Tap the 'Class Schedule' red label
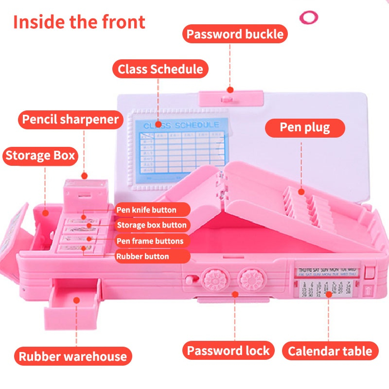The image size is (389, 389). point(160,69)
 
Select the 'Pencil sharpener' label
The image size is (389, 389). point(69,120)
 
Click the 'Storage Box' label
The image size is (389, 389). point(40,156)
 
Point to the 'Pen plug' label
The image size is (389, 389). point(305,127)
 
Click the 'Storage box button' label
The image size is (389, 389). point(152,225)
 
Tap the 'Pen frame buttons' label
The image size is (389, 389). point(150,241)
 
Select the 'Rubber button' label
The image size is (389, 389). point(143,256)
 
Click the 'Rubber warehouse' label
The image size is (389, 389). point(73,356)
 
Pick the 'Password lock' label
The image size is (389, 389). point(229,351)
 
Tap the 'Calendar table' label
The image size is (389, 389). point(330,351)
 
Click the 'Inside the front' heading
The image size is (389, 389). point(79,22)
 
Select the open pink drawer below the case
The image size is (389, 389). point(77,296)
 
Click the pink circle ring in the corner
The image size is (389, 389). point(308,18)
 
